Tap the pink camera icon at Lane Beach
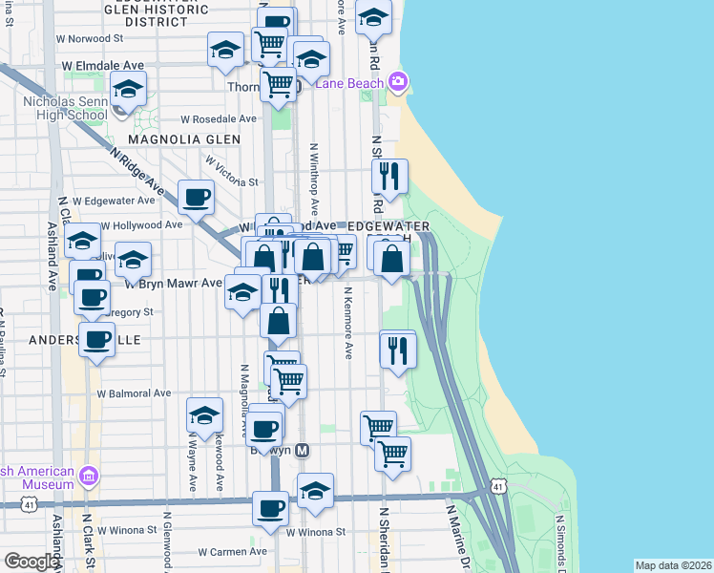pyautogui.click(x=397, y=83)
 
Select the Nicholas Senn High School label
pyautogui.click(x=64, y=108)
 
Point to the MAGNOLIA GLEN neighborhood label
pyautogui.click(x=184, y=139)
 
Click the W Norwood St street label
pyautogui.click(x=92, y=39)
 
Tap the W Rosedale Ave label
pyautogui.click(x=220, y=119)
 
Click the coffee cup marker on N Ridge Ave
pyautogui.click(x=196, y=197)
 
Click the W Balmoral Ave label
pyautogui.click(x=134, y=393)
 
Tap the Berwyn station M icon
pyautogui.click(x=303, y=450)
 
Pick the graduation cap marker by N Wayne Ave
pyautogui.click(x=204, y=414)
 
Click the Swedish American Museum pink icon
pyautogui.click(x=89, y=476)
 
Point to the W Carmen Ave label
pyautogui.click(x=233, y=552)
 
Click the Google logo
pyautogui.click(x=32, y=562)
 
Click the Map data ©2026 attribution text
pyautogui.click(x=673, y=565)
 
